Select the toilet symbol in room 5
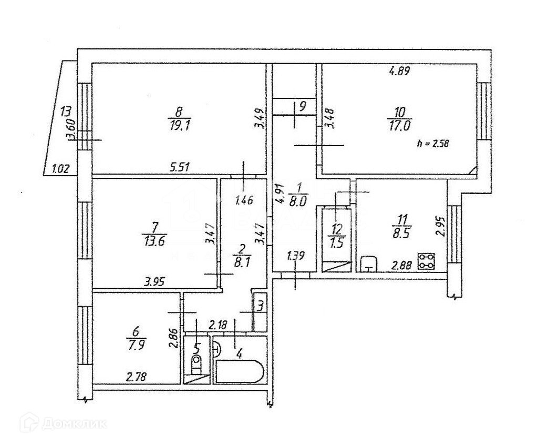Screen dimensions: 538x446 pyautogui.click(x=196, y=361)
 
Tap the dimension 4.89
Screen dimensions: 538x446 pyautogui.click(x=399, y=71)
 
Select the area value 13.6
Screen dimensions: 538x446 pyautogui.click(x=154, y=241)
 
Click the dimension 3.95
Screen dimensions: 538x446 pyautogui.click(x=155, y=281)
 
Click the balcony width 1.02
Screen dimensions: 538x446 pyautogui.click(x=61, y=169)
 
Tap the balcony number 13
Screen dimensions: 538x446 pyautogui.click(x=66, y=111)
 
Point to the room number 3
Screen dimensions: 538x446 pyautogui.click(x=260, y=305)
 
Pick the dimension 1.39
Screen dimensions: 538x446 pyautogui.click(x=296, y=257)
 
